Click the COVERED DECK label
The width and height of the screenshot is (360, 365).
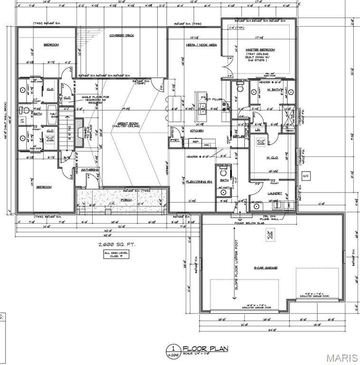click(122, 35)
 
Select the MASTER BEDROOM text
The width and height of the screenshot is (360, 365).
click(260, 50)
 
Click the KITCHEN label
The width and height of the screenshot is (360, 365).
click(197, 131)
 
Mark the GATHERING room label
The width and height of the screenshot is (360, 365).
click(89, 170)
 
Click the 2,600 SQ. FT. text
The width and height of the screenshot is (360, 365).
click(116, 244)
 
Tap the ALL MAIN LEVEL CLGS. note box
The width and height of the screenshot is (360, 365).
click(116, 254)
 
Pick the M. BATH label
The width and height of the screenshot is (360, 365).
click(274, 90)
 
